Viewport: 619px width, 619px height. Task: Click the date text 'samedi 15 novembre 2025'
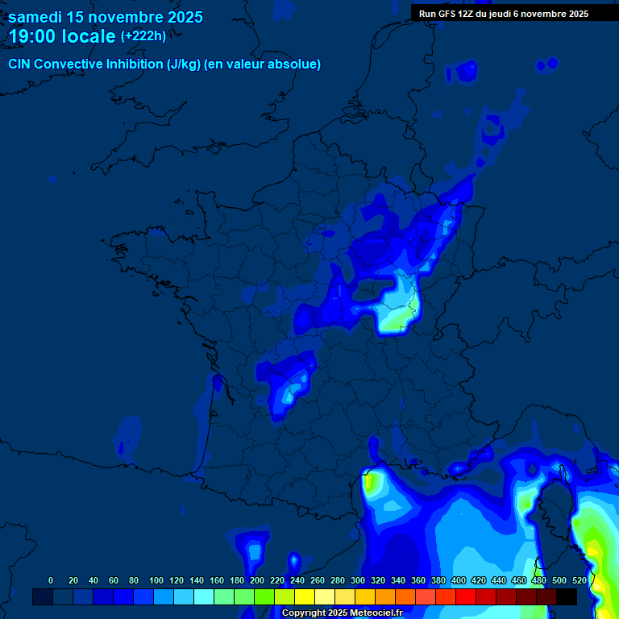point(106,17)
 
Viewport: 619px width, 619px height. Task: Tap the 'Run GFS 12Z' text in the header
point(447,14)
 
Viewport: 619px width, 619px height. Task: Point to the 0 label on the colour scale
point(51,580)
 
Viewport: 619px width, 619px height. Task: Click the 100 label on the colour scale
point(156,580)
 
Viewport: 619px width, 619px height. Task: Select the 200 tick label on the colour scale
point(257,580)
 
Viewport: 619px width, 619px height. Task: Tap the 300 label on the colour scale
point(358,580)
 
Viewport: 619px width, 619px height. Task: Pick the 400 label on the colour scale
point(459,580)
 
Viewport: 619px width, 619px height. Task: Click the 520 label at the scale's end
point(579,580)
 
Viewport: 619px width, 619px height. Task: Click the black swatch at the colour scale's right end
point(567,596)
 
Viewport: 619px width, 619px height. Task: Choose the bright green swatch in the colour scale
point(264,596)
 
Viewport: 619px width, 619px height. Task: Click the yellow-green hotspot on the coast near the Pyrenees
point(372,484)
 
